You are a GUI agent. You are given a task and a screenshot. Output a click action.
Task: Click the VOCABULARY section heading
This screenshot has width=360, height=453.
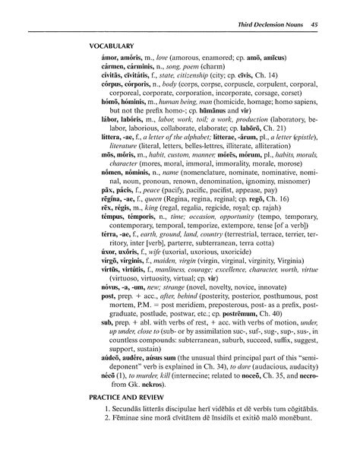[113, 46]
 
